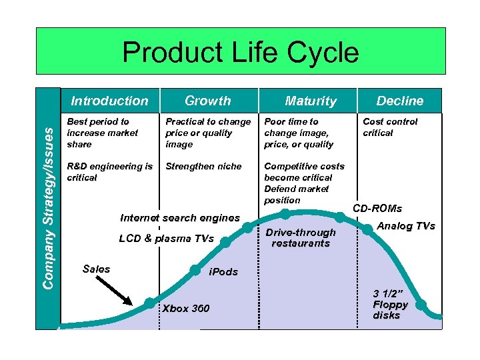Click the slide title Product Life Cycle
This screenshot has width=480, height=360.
point(240,53)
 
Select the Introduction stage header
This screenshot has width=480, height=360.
point(110,101)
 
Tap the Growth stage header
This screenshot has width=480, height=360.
point(207,101)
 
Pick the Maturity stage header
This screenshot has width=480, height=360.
point(311,101)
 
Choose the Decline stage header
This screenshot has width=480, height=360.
point(399,101)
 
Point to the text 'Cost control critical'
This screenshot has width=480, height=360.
point(390,127)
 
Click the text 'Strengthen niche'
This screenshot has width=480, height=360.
point(203,167)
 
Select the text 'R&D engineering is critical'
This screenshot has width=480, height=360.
point(110,172)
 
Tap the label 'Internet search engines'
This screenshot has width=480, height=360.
point(179,218)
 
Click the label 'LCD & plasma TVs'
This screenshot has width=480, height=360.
point(166,239)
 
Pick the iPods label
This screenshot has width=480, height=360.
point(223,272)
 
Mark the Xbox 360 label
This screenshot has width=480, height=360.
point(186,308)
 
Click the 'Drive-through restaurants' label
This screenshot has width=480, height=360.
point(300,237)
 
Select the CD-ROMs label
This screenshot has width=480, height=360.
point(377,209)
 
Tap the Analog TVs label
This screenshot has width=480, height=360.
point(406,225)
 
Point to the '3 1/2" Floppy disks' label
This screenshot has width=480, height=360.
point(390,304)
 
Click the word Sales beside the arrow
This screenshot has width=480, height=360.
point(96,269)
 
